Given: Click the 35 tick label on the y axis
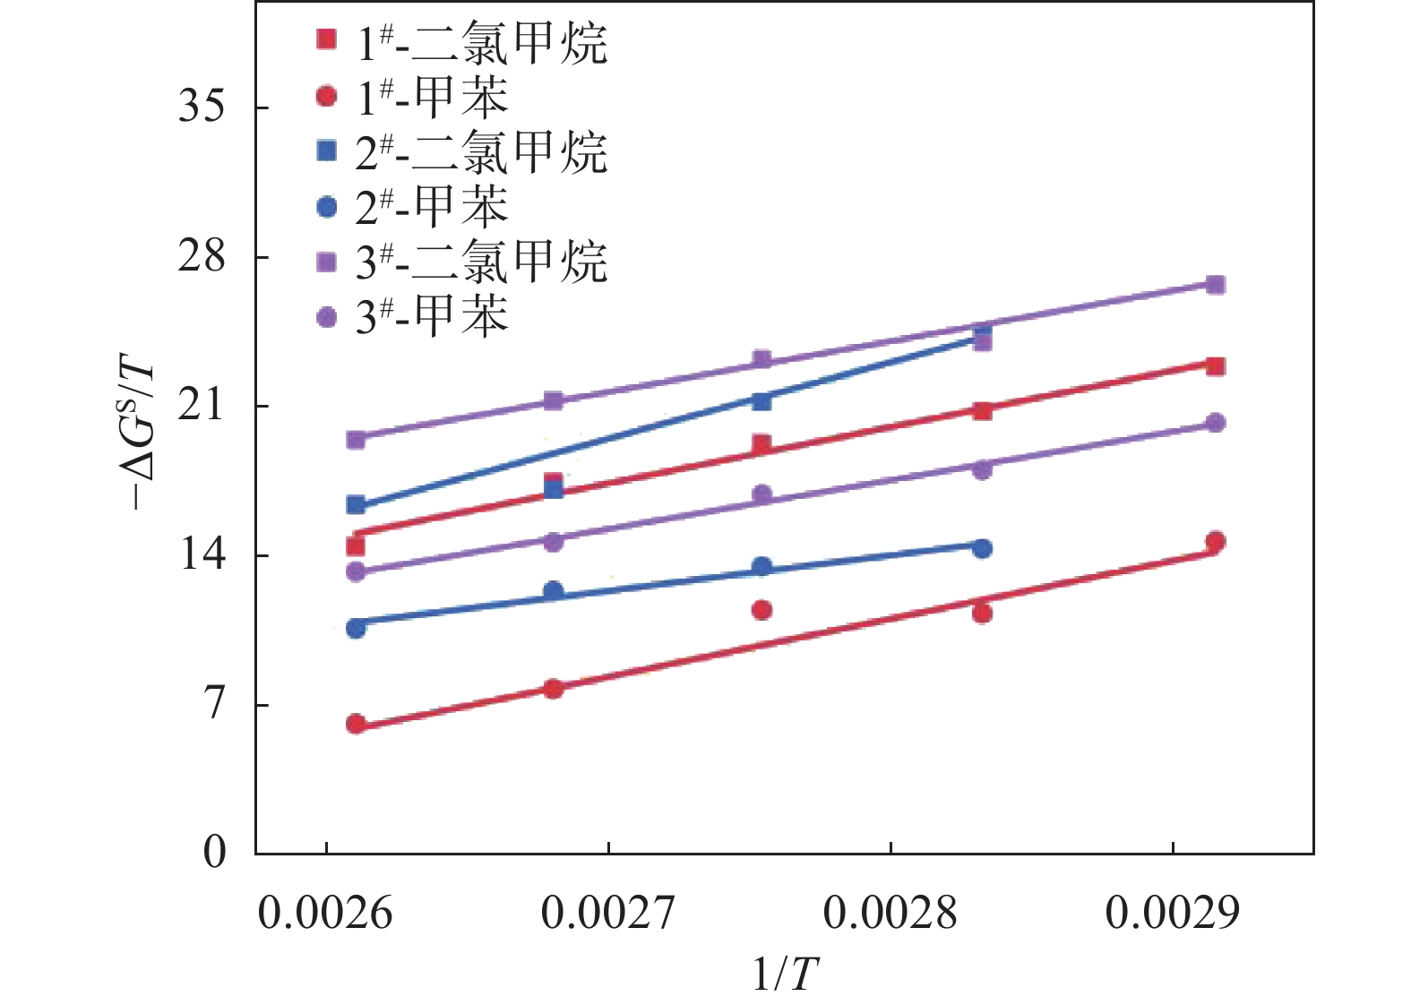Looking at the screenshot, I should (202, 107).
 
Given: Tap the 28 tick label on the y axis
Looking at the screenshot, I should (202, 257).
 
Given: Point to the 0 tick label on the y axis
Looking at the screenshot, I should (214, 852).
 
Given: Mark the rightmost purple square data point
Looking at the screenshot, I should (1215, 285).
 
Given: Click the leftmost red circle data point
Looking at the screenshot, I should (356, 724).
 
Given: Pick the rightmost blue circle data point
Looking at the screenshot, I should (982, 548).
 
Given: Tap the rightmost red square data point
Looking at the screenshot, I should (1215, 366).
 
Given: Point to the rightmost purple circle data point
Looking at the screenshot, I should (1215, 423).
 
